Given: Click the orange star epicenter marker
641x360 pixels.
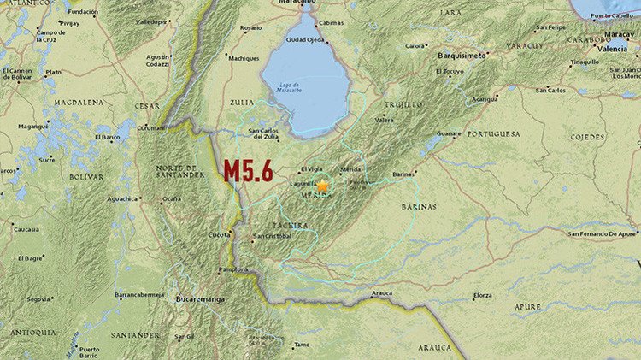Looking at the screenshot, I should pos(323,186).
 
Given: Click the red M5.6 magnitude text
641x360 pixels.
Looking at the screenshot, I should pos(248,171).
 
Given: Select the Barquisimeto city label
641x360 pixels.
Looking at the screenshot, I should pos(461,56).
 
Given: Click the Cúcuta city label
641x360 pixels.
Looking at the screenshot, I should pos(221,235).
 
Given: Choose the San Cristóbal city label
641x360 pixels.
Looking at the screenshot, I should pos(273,235).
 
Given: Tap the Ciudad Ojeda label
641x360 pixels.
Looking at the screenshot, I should pos(305,39).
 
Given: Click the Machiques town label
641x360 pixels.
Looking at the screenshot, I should pos(244,58).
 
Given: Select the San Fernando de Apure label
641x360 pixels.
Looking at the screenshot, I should pos(602,233).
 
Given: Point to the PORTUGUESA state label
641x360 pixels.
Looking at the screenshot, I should pos(493,134).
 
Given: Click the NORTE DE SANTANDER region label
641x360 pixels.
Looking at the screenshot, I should pos(179,169).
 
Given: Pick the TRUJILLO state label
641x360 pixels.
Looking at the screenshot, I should pos(403,104).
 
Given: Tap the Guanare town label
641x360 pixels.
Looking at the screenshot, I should pos(449,133).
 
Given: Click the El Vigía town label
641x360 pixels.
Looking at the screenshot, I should pos(312,169).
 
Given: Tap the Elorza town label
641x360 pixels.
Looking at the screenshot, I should pos(482,295).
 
